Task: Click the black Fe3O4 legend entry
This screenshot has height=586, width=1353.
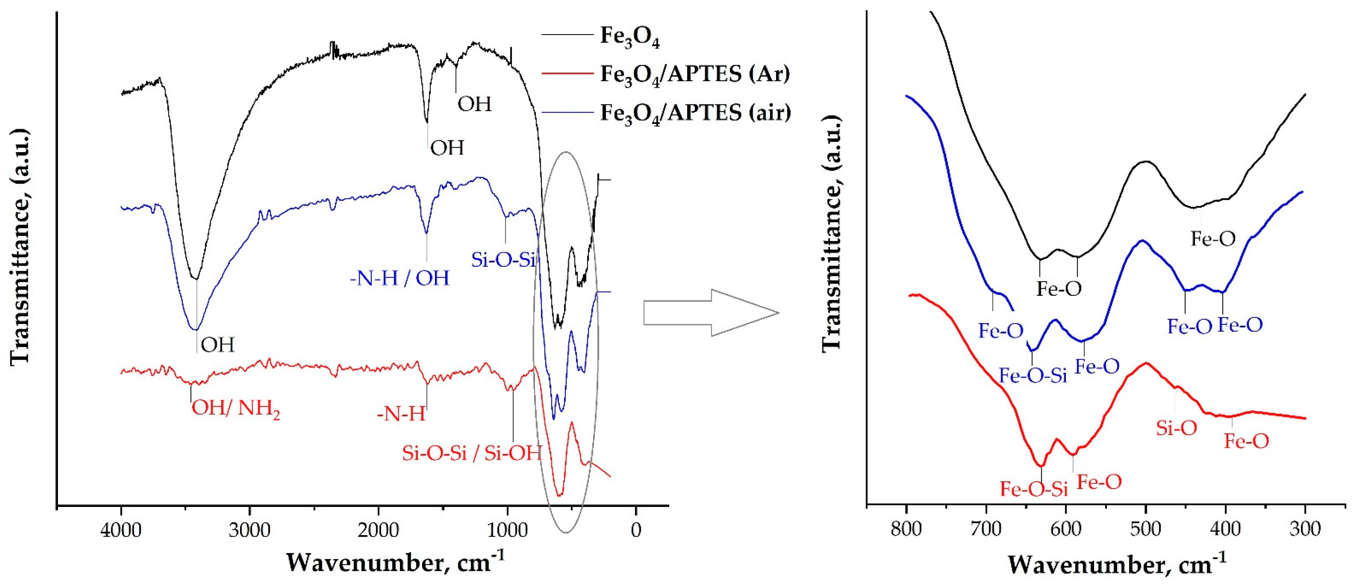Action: click(629, 37)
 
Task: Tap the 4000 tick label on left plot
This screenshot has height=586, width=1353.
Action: click(121, 530)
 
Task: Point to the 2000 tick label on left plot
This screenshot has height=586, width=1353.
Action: click(378, 530)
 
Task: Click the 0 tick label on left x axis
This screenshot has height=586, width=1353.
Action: click(636, 530)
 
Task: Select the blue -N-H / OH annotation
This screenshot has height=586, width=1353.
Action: click(400, 278)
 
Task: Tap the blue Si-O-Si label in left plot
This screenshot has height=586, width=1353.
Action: click(503, 260)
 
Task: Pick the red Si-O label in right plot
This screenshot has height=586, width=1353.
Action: click(1177, 428)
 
